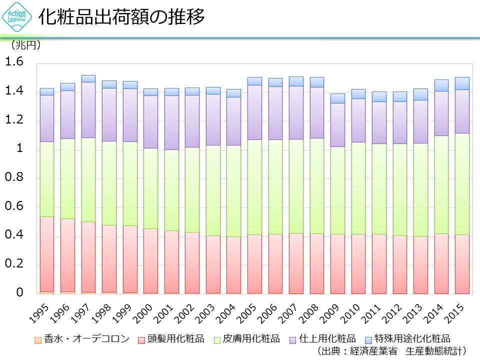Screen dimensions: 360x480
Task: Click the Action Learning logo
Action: (17, 17)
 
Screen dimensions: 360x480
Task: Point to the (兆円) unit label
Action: (25, 45)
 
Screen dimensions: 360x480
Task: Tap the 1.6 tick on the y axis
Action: (14, 62)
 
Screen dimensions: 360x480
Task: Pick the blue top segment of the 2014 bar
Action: (441, 85)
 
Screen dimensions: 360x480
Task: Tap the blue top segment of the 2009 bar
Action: (337, 98)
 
